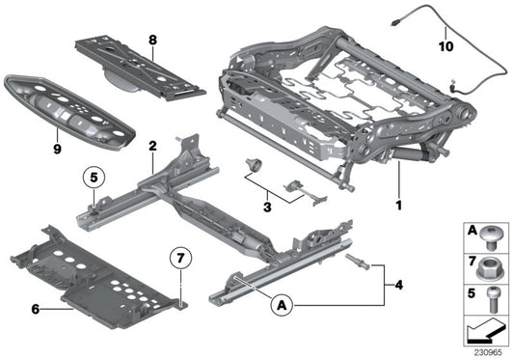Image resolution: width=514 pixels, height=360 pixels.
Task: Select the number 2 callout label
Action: pos(151,146)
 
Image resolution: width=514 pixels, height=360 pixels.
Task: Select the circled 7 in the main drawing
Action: pos(181,259)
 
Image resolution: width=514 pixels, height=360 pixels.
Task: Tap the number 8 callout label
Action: pos(151,41)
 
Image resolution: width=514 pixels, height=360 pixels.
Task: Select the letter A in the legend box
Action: pos(472,233)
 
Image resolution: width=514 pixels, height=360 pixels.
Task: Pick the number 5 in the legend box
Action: pos(472,292)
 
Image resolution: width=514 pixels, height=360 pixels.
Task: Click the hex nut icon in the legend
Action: pos(492,263)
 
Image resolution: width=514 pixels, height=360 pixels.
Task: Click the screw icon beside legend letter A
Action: pos(492,233)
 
